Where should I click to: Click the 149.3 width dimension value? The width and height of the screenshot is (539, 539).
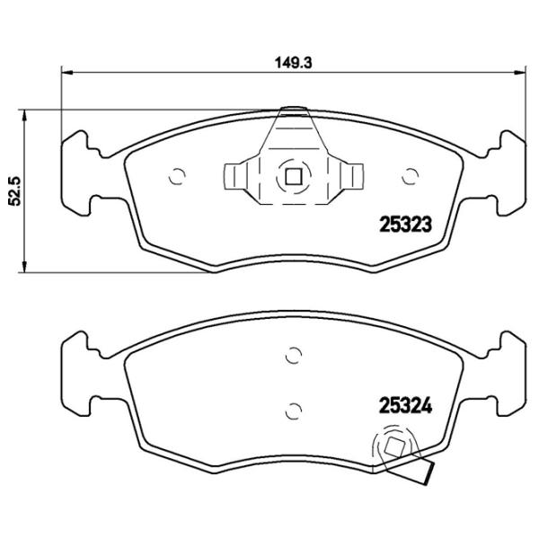[287, 63]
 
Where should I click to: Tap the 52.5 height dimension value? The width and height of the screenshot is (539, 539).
[13, 190]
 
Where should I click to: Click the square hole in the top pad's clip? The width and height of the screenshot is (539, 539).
[290, 176]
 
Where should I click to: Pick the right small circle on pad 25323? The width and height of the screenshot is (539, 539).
[412, 175]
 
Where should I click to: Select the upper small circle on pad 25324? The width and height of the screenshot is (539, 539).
[290, 356]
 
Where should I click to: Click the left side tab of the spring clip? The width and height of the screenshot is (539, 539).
[234, 176]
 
